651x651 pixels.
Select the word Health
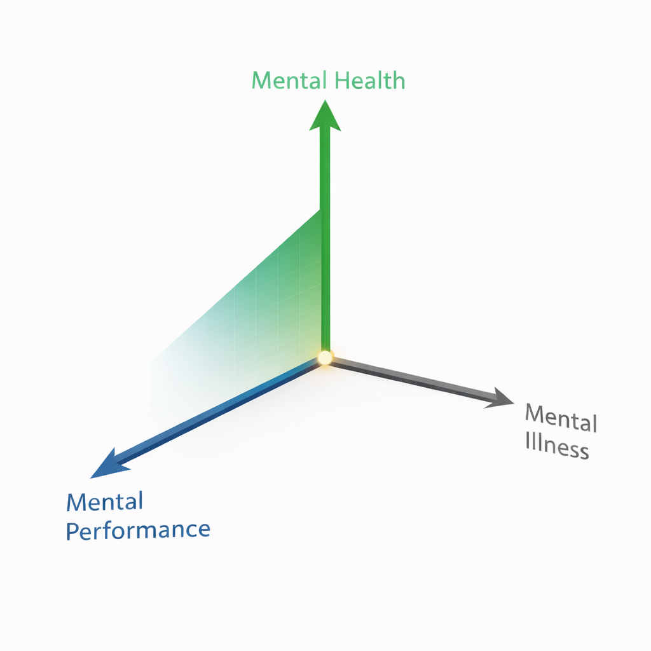[x=370, y=81]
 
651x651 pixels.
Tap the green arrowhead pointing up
[x=325, y=117]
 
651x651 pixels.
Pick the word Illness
[x=557, y=446]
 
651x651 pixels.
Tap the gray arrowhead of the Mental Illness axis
[x=501, y=399]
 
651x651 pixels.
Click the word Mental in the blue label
[x=104, y=502]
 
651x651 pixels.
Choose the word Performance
[x=137, y=530]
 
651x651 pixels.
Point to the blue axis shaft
[x=216, y=413]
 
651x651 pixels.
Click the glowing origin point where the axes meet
[x=325, y=357]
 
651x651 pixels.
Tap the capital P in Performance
[x=72, y=531]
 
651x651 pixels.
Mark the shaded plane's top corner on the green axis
[x=320, y=211]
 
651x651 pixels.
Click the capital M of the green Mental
[x=261, y=81]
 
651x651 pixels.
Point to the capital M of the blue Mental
[x=76, y=503]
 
